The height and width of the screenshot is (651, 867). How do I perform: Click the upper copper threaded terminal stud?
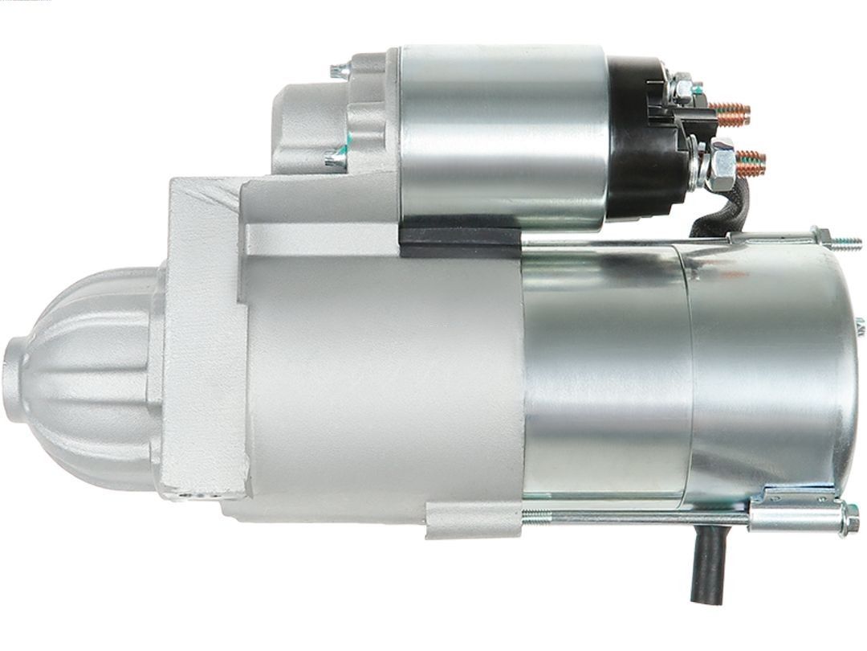coord(732,114)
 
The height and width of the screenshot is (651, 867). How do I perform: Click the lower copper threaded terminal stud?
coord(750,164)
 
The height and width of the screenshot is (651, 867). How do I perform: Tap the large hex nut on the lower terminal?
coord(720,164)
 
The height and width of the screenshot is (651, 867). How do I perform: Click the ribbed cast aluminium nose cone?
coord(88,378)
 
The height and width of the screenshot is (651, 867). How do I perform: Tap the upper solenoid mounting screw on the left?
coord(339,71)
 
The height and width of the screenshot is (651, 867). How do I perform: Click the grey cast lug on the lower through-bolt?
coord(474,520)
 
